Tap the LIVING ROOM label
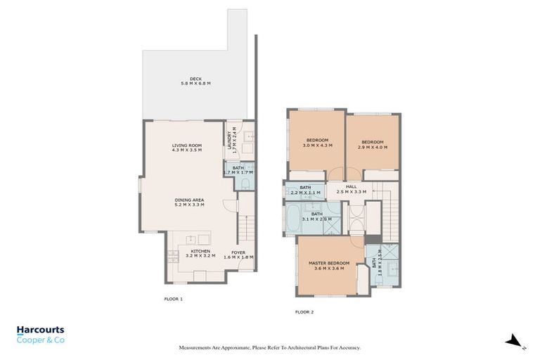tap(187, 146)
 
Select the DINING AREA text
tap(189, 200)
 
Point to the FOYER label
tap(238, 252)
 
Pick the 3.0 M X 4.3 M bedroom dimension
tap(317, 146)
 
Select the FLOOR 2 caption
tap(304, 311)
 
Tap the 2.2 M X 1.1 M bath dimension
tap(305, 192)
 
